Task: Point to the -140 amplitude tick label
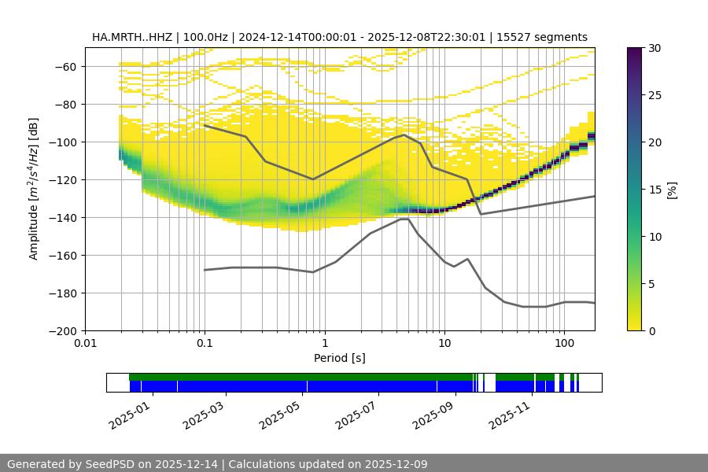(x=65, y=218)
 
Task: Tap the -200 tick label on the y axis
(x=65, y=331)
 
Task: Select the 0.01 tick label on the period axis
(x=85, y=343)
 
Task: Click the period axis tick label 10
(x=444, y=343)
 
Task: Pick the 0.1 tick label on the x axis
(x=205, y=343)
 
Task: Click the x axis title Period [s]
(x=339, y=358)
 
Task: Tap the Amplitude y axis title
(x=34, y=189)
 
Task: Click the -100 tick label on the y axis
(x=65, y=142)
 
